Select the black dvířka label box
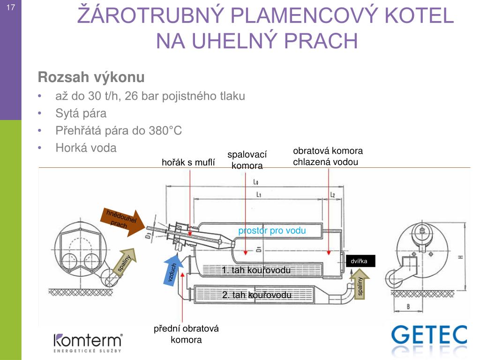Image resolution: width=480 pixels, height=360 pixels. [360, 261]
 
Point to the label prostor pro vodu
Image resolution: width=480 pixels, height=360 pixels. [272, 231]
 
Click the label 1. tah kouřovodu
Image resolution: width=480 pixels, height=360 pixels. [256, 270]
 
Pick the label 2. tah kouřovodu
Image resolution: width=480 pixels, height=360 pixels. [256, 295]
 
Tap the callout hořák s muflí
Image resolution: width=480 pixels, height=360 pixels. [188, 163]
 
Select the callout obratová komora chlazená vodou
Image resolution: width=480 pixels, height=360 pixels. [328, 157]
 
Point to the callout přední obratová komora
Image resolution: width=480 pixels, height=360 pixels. [187, 334]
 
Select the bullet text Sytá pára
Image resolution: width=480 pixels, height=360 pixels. [81, 113]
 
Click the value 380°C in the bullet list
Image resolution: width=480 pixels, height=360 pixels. [165, 131]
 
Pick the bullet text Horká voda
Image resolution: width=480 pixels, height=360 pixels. [86, 148]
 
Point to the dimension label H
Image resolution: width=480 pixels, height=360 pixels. [461, 257]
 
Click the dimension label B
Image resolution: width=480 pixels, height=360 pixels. [408, 307]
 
